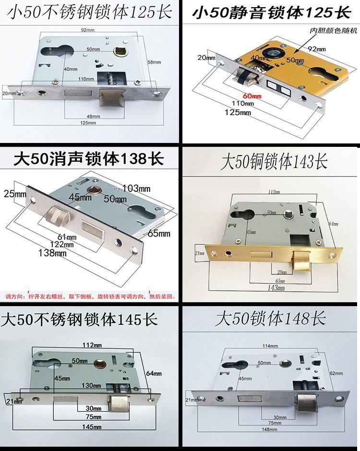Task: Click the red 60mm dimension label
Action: (252, 96)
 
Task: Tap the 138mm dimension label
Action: (53, 253)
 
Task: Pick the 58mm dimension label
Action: (153, 62)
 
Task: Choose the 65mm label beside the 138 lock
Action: (160, 234)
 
